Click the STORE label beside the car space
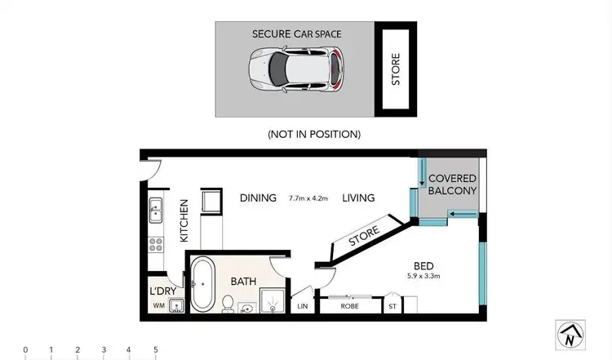point(396,69)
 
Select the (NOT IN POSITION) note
point(314,134)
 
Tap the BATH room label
point(243,282)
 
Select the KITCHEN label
point(184,220)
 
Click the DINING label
point(258,198)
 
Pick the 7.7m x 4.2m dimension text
point(308,198)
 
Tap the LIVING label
point(358,198)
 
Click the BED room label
point(423,265)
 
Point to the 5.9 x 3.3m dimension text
point(423,276)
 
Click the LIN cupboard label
point(304,307)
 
